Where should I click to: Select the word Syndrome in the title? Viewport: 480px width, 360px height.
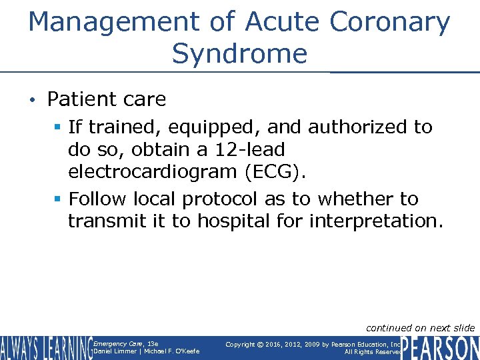pos(239,53)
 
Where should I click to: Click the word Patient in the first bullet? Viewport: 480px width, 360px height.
pos(76,99)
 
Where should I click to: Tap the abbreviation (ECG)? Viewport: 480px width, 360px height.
pos(275,173)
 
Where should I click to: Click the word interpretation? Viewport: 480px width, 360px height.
pos(376,221)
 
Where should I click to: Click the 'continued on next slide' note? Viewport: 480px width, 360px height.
pos(421,327)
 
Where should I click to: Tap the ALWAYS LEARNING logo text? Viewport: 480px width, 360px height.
pos(45,348)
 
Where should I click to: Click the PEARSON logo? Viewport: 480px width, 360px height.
pos(440,348)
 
